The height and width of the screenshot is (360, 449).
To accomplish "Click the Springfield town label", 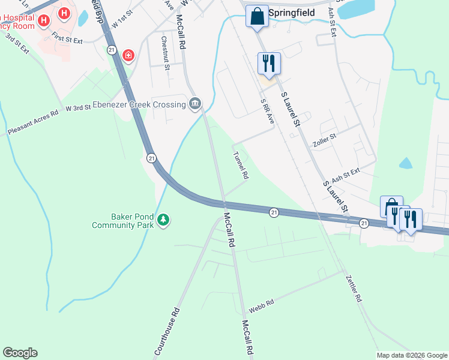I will point(292,13).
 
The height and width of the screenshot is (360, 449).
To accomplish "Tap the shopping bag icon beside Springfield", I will point(257,17).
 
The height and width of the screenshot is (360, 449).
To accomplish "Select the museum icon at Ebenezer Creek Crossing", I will point(195,104).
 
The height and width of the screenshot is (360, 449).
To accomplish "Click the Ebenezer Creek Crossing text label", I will point(139,105).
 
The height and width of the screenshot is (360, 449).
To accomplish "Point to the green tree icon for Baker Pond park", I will point(163,221).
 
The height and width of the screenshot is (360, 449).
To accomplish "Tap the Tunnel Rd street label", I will point(241,166).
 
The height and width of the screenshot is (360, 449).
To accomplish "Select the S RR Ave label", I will point(267,112).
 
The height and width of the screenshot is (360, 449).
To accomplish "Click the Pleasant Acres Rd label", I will point(33,122).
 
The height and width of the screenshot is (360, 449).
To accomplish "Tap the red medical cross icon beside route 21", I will point(128,56).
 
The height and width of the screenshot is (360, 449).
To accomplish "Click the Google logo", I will point(20,353).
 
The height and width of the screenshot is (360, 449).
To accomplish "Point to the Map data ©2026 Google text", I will point(412,355).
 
